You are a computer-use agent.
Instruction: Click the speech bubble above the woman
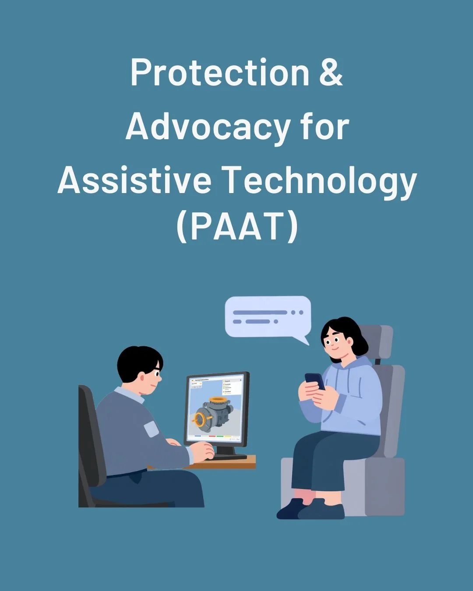point(268,316)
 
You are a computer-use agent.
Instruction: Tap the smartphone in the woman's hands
point(314,380)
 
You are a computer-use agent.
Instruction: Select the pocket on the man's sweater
point(151,428)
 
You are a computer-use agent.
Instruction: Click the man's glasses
point(156,373)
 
